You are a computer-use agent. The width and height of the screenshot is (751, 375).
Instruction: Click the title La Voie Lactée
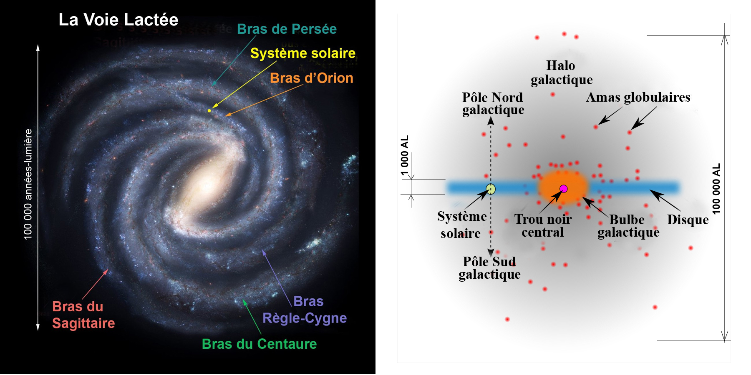[x=118, y=20]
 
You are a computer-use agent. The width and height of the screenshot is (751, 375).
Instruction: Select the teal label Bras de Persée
[x=287, y=29]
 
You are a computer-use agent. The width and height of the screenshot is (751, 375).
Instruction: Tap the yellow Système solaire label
[x=303, y=53]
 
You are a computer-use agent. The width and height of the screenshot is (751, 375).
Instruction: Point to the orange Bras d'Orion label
[x=312, y=78]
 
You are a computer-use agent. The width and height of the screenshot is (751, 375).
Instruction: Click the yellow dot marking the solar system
[x=209, y=110]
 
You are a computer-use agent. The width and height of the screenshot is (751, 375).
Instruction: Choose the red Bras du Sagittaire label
[x=83, y=315]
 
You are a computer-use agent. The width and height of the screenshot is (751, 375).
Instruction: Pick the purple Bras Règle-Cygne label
[x=305, y=310]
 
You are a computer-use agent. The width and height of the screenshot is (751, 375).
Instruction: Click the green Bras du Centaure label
[x=259, y=344]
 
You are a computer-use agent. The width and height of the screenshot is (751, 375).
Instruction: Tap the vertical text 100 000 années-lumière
[x=28, y=184]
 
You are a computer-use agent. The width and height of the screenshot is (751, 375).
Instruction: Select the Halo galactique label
[x=562, y=72]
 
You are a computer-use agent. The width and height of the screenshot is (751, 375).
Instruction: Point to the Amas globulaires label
[x=638, y=97]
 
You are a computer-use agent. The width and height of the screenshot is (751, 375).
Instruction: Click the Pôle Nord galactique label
[x=493, y=103]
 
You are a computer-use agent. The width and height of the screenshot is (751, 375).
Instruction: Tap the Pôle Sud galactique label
[x=489, y=268]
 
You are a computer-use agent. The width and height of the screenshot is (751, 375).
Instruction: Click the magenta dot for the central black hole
[x=564, y=189]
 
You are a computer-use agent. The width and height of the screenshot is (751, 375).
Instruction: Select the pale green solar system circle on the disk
[x=491, y=189]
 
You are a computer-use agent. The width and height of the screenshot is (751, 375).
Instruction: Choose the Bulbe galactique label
[x=628, y=226]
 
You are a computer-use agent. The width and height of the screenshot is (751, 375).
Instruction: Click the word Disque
[x=688, y=220]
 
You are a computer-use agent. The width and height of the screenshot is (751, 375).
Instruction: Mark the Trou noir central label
[x=543, y=225]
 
